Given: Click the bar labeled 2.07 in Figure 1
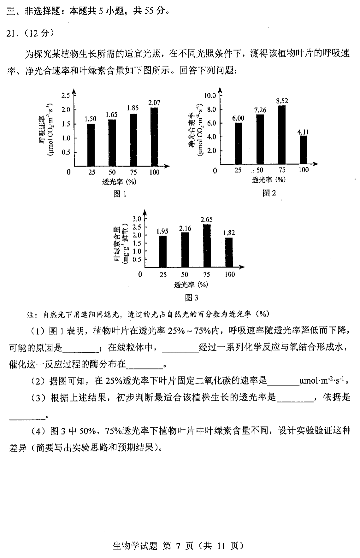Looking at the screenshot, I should point(154,137).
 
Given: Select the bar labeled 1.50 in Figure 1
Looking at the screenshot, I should point(91,145).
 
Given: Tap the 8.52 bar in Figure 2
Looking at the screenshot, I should point(282,135).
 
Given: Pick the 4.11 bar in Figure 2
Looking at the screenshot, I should point(303,150).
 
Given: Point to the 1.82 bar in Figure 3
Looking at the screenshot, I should point(229,252).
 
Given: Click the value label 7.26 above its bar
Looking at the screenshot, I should point(260,110).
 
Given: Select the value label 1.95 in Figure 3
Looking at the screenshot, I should point(162,231).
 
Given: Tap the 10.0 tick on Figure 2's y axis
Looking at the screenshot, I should point(210,96).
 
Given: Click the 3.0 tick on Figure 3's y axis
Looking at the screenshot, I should point(137,219).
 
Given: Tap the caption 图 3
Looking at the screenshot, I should point(191,297).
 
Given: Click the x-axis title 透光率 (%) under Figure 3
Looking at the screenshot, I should point(191,284).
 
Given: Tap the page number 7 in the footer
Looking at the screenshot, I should point(178,546).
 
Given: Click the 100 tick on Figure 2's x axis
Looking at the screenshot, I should point(303,170).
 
